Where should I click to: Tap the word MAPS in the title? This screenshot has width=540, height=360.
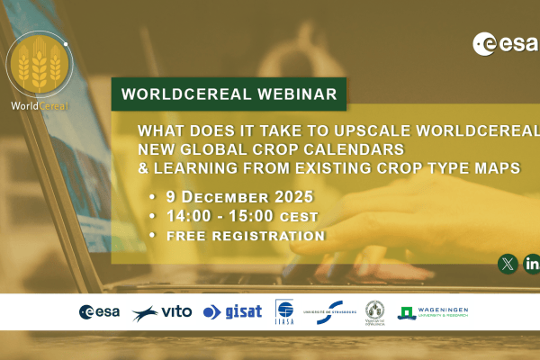pos(511,167)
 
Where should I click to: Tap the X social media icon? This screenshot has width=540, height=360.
pos(508,264)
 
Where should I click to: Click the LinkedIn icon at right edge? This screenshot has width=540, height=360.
pos(532,264)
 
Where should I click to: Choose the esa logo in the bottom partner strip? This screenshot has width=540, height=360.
pos(100,311)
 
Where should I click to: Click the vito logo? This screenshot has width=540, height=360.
pos(161,311)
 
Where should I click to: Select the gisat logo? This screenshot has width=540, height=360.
pos(232,311)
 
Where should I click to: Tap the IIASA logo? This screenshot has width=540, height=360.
pos(283,311)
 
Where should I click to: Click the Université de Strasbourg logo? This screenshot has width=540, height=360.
pos(328,311)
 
